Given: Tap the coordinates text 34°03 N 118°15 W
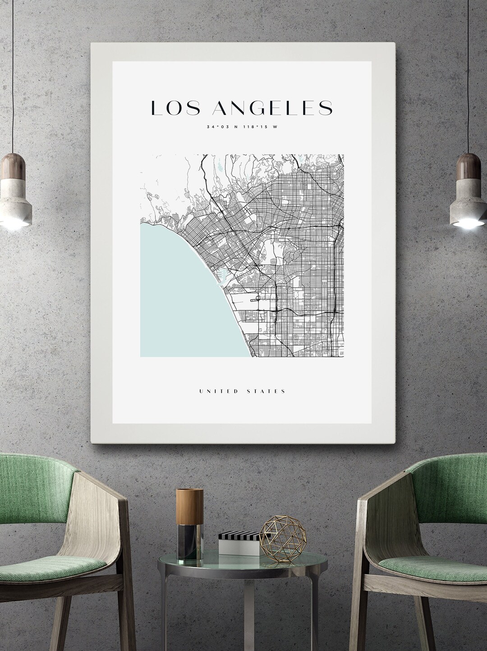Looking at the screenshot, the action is (242, 127).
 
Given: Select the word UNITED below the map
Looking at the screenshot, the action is (218, 391).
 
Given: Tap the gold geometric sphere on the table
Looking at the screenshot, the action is (280, 538).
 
